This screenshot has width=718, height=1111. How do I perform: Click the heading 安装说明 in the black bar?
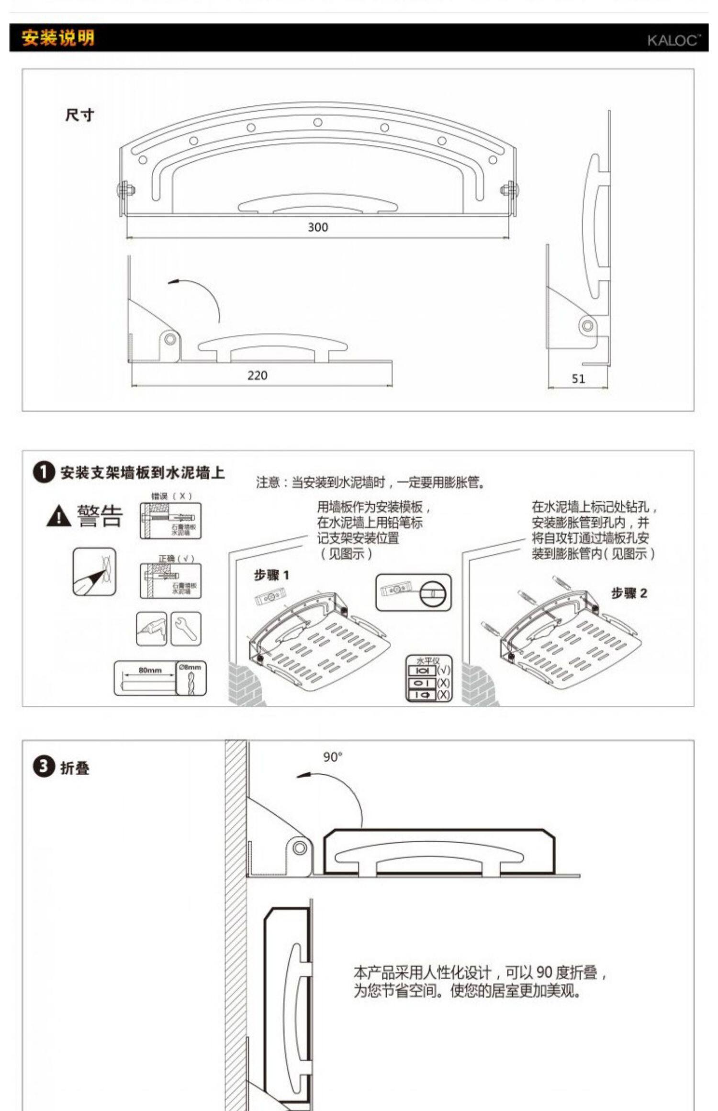pyautogui.click(x=58, y=38)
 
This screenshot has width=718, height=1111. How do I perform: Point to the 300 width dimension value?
pyautogui.click(x=318, y=227)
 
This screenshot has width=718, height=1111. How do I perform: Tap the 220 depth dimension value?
pyautogui.click(x=257, y=376)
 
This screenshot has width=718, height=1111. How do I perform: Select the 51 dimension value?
pyautogui.click(x=578, y=379)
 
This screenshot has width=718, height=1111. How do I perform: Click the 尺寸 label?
pyautogui.click(x=79, y=115)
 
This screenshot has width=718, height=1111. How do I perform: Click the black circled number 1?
pyautogui.click(x=44, y=473)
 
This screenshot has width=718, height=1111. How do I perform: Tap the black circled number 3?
pyautogui.click(x=44, y=767)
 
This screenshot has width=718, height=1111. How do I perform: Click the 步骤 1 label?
pyautogui.click(x=271, y=575)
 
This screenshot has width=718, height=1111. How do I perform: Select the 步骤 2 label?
pyautogui.click(x=629, y=593)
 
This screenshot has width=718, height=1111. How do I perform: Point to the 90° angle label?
pyautogui.click(x=333, y=757)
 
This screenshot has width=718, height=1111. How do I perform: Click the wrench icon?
pyautogui.click(x=186, y=628)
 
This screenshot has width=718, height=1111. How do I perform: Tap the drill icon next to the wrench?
pyautogui.click(x=151, y=628)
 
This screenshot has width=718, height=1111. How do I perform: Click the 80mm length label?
pyautogui.click(x=150, y=670)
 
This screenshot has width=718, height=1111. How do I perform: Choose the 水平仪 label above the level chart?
pyautogui.click(x=427, y=660)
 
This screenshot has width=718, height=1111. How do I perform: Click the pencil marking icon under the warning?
pyautogui.click(x=94, y=572)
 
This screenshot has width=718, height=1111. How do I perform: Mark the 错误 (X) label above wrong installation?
pyautogui.click(x=171, y=496)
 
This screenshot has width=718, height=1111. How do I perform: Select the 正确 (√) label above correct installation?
pyautogui.click(x=176, y=558)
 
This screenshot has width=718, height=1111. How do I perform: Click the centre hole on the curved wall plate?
pyautogui.click(x=318, y=122)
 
